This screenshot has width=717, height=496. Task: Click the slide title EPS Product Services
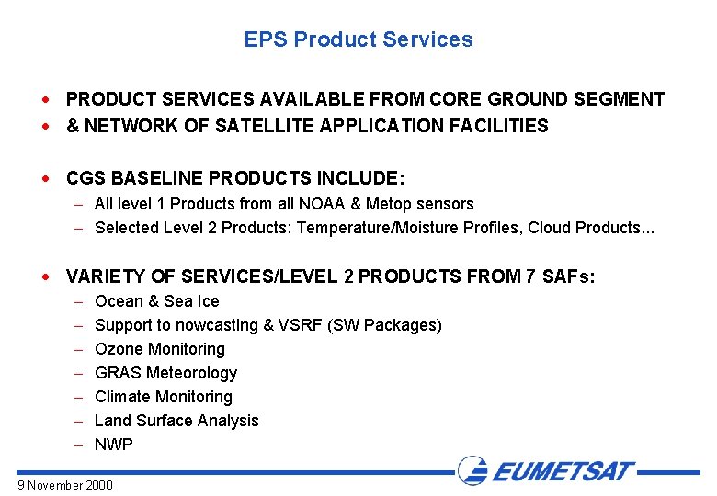(x=358, y=39)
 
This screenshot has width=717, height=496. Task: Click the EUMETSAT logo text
(x=563, y=472)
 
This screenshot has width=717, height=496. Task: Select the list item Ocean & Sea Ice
(x=156, y=301)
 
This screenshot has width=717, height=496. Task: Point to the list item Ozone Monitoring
(x=159, y=349)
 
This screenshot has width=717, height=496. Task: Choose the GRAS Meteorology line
(x=165, y=373)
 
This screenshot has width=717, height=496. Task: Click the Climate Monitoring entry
(x=163, y=397)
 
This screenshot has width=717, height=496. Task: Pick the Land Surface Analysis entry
(x=176, y=421)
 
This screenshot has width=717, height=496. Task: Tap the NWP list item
(x=114, y=445)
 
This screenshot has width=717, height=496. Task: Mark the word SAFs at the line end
(x=571, y=276)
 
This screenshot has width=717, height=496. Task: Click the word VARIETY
(x=104, y=276)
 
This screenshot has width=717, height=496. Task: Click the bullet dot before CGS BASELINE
(x=57, y=177)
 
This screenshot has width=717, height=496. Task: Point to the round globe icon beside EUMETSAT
(x=473, y=471)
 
